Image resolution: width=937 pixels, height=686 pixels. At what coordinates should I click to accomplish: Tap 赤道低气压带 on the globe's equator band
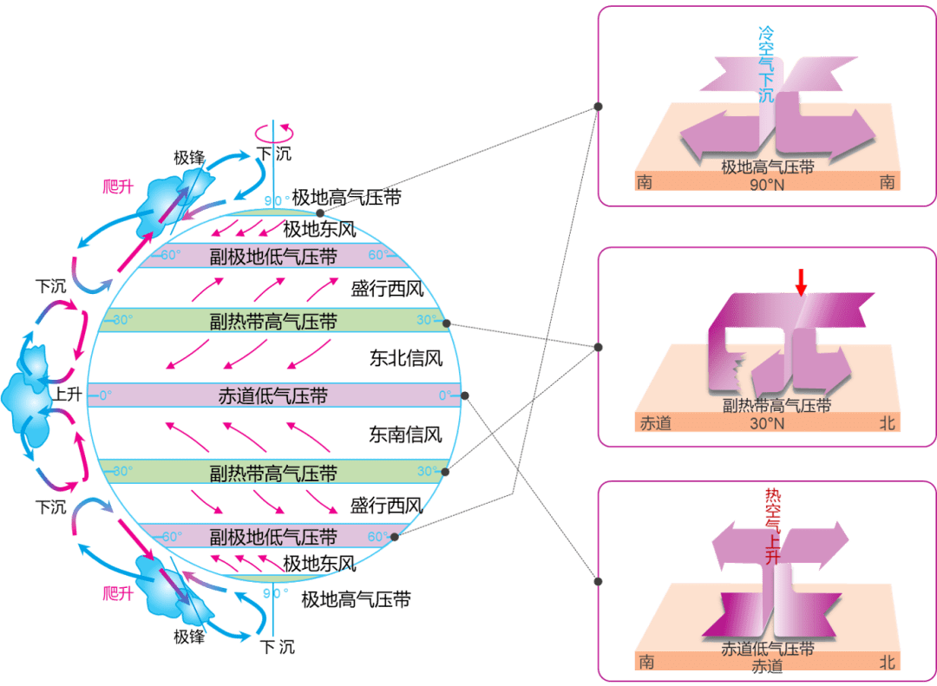(x=273, y=396)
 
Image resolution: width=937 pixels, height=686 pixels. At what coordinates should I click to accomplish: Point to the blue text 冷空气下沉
(x=765, y=64)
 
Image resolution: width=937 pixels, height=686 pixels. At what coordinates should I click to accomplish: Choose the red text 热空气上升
(x=771, y=526)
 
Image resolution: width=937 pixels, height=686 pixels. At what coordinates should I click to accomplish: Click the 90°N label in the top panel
(x=768, y=185)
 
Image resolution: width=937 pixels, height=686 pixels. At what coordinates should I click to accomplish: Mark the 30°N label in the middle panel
(x=766, y=424)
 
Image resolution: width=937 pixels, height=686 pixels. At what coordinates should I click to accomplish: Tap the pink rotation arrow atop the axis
(x=273, y=133)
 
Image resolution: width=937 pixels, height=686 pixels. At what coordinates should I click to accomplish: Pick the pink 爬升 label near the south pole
(x=117, y=593)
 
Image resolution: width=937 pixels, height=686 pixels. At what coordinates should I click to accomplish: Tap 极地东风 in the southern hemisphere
(x=319, y=565)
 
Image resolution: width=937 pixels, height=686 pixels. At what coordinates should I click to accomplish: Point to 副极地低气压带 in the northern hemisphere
(x=273, y=256)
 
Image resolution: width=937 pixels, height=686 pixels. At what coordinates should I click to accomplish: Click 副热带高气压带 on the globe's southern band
(x=273, y=474)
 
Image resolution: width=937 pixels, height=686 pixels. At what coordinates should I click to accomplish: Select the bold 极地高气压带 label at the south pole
(x=356, y=599)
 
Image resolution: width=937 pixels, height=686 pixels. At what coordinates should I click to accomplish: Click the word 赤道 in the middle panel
(x=656, y=424)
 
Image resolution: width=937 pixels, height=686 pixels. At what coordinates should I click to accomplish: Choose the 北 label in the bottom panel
(x=887, y=663)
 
